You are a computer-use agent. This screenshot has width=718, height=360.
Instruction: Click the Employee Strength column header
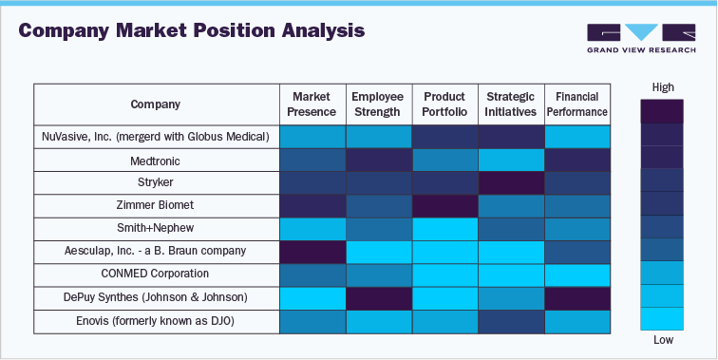coord(377,104)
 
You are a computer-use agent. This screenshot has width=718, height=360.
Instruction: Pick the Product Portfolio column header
coord(444,104)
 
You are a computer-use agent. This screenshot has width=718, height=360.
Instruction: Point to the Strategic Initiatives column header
coord(510,104)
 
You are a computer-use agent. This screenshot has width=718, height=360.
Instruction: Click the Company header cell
coord(156,104)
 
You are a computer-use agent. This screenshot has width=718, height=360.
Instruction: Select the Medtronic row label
coord(156,160)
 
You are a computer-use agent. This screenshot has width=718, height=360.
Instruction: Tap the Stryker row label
coord(156,182)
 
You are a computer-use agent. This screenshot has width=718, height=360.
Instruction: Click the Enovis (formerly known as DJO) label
coord(156,322)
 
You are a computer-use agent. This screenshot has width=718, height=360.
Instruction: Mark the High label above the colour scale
coord(663,87)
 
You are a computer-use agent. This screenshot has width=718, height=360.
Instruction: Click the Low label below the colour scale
coord(663,340)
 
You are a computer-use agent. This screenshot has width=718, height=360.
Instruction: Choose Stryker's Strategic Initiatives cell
coord(510,182)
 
